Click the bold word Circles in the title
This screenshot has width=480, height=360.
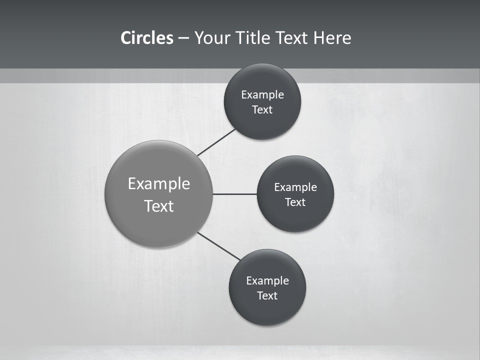147,38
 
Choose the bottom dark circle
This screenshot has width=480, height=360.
267,310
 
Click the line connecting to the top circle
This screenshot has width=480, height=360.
216,142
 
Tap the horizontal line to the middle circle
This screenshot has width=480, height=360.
234,194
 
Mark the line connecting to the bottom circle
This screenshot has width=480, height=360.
219,246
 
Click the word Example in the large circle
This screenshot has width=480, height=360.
159,184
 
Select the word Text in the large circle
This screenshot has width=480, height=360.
159,206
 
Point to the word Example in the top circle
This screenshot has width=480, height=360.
262,95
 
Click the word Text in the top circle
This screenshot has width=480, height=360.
262,110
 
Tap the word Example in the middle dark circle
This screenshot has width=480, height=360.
295,187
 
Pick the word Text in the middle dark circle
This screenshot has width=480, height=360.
295,202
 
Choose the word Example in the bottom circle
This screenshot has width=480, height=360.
267,281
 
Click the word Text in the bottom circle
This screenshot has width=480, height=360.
267,296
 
